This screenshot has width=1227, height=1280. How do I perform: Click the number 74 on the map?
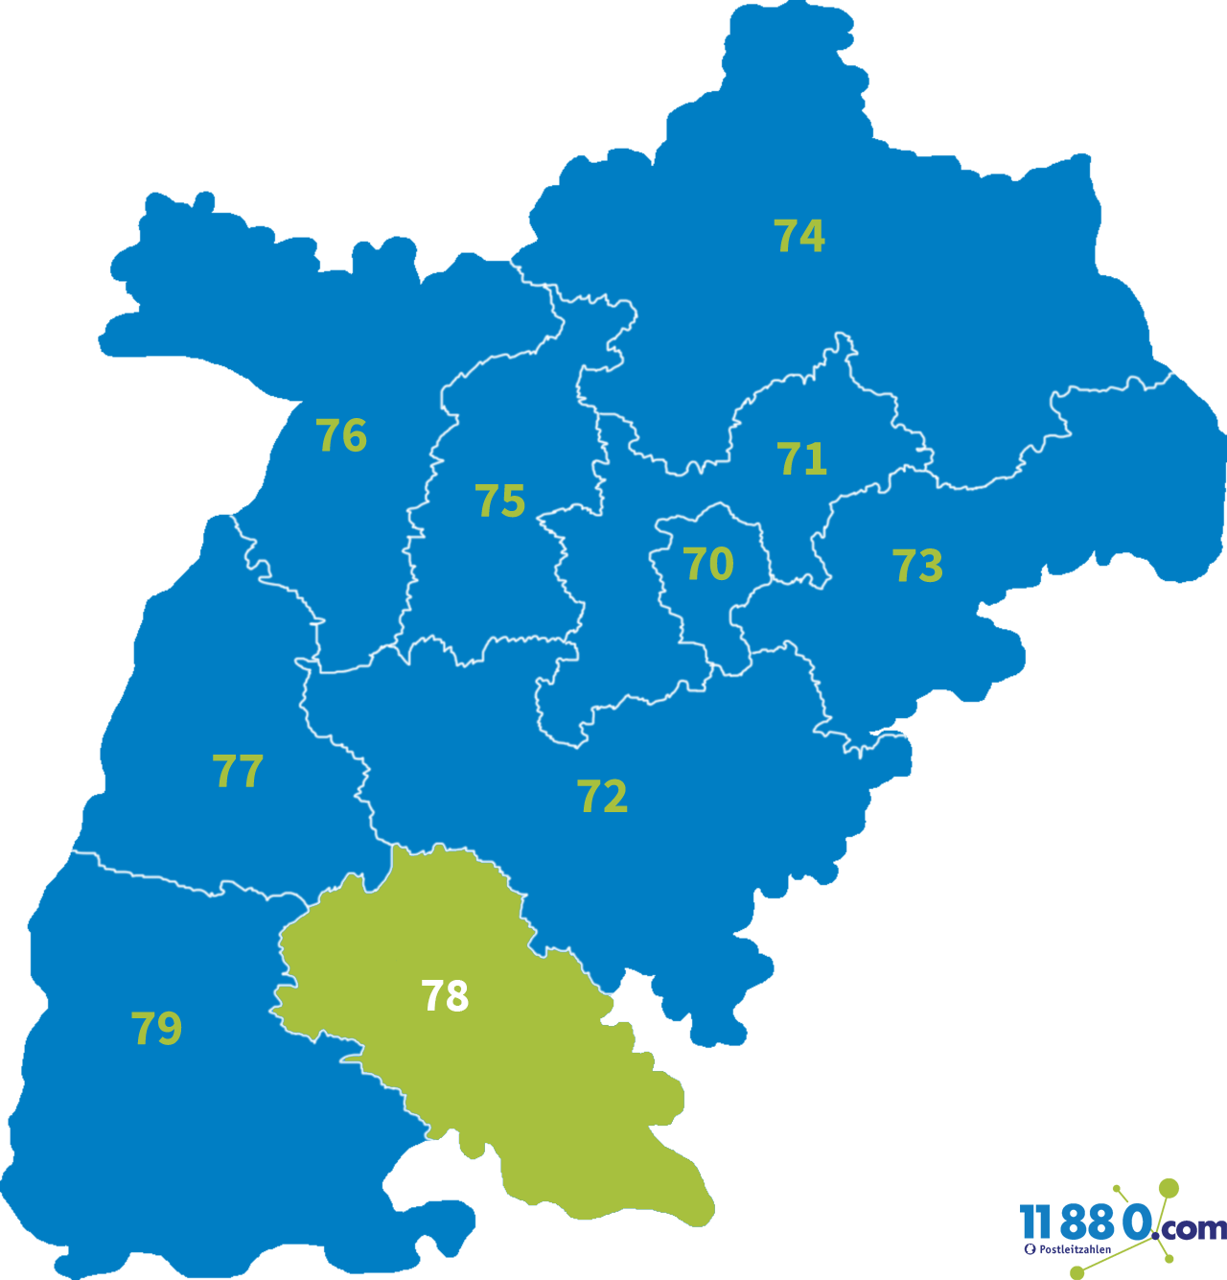coord(799,236)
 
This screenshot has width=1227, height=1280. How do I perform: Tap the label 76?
coord(341,436)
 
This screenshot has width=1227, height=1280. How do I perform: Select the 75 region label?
coord(500,501)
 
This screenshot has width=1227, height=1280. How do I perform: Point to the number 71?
coord(802,459)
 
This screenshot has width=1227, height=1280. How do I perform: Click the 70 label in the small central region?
coord(708,564)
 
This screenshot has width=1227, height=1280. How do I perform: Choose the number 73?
coord(917,566)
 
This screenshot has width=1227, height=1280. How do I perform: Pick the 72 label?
coord(602,797)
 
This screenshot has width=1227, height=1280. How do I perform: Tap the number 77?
coord(238,771)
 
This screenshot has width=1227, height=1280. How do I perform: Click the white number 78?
coord(445,997)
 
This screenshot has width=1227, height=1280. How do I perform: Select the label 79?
coord(156,1029)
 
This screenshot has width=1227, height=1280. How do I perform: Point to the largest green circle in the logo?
coord(1169,1189)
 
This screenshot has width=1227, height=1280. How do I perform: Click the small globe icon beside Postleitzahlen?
coord(1030,1249)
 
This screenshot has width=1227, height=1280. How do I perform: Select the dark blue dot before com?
coord(1155,1235)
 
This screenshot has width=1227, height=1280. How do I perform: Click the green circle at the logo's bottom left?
coord(1077,1272)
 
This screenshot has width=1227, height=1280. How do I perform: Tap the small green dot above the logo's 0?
coord(1116,1189)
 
